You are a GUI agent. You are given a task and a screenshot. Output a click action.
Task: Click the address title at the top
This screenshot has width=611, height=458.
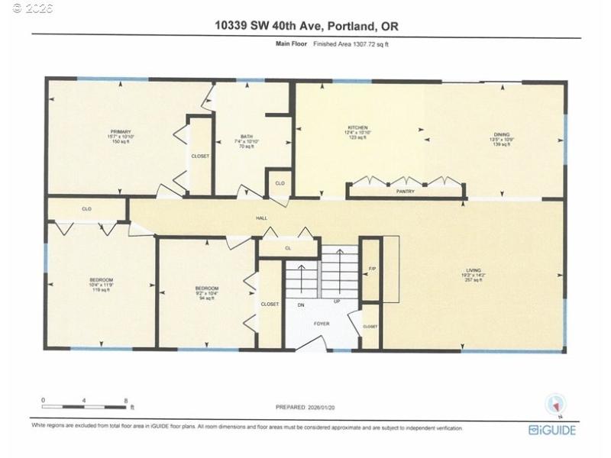click(x=305, y=26)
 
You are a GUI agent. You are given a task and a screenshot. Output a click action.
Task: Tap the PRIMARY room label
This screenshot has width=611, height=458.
click(x=121, y=132)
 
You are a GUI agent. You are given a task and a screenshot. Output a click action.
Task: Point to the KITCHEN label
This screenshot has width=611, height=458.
click(x=358, y=127)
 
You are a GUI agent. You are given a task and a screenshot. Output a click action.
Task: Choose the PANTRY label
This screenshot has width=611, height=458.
click(x=406, y=192)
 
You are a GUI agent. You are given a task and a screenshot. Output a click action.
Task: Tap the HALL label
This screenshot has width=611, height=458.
click(x=260, y=219)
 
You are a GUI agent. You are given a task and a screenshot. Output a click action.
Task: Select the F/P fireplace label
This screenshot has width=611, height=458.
click(x=372, y=269)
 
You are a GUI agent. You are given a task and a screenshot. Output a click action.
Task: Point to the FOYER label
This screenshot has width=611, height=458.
click(x=322, y=324)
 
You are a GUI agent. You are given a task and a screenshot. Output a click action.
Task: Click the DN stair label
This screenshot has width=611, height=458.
click(x=301, y=305)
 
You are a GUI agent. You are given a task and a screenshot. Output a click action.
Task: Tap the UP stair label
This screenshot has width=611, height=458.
click(x=337, y=302)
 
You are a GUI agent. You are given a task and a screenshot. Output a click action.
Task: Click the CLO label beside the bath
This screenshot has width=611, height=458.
click(x=280, y=183)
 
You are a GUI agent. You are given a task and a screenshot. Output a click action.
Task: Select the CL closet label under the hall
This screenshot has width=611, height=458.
click(x=288, y=248)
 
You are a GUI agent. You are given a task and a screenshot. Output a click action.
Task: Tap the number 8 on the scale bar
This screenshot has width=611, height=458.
click(x=124, y=399)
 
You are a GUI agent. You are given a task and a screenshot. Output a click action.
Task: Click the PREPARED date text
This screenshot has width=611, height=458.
click(x=305, y=407)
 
